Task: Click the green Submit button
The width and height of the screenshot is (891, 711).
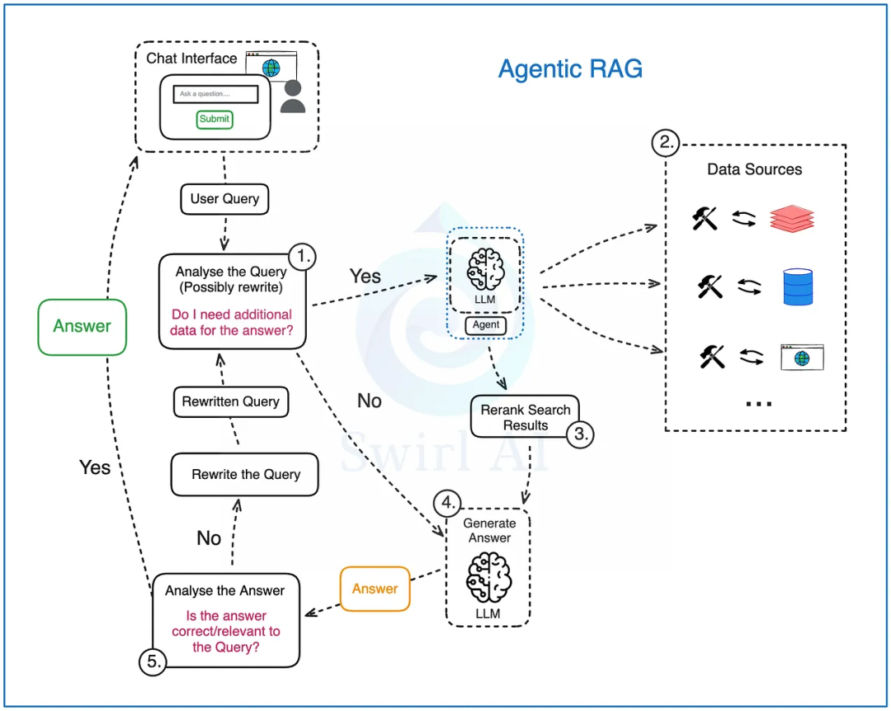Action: tap(214, 119)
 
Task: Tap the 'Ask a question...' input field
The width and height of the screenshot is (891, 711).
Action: tap(215, 94)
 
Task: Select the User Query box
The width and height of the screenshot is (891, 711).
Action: tap(224, 199)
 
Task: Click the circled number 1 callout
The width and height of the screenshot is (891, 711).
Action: tap(302, 257)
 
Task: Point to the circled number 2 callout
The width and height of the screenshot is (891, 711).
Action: tap(666, 142)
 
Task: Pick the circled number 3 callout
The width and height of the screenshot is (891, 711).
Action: tap(580, 434)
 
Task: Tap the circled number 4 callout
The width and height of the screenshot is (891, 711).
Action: tap(447, 503)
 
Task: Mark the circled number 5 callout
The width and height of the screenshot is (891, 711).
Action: tap(153, 661)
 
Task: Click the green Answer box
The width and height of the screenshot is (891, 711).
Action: tap(82, 327)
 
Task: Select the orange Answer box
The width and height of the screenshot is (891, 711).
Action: tap(375, 589)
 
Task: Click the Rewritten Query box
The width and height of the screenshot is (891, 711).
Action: tap(231, 402)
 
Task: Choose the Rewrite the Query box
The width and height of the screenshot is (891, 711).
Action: tap(245, 474)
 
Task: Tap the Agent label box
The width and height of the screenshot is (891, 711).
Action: tap(486, 325)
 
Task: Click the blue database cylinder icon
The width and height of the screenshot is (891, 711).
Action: tap(798, 287)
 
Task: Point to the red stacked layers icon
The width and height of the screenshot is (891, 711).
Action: tap(792, 219)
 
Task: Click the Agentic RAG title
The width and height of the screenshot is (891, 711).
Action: tap(571, 69)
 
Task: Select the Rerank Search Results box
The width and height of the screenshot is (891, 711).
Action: tap(525, 417)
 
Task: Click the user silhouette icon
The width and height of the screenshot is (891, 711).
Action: tap(293, 96)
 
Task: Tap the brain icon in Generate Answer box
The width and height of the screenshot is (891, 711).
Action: tap(488, 578)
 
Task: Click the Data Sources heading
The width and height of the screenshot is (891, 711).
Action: tap(755, 169)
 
